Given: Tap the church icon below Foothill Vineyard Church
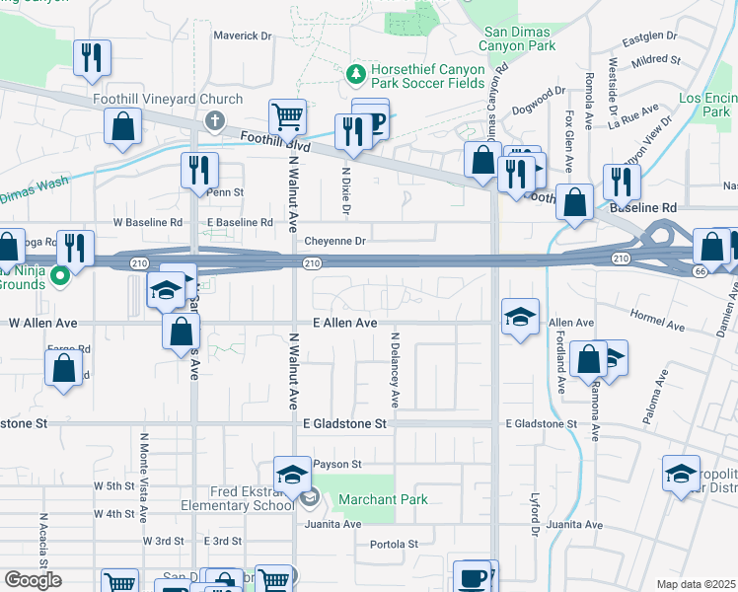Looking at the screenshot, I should tap(213, 119).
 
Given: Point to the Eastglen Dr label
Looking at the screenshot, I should tap(649, 40).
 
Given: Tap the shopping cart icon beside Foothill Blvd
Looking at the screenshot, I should tap(286, 116).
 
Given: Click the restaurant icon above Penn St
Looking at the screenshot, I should tap(198, 170).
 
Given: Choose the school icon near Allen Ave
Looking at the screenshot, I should tap(520, 317).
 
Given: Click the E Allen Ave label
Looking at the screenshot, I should tap(345, 323).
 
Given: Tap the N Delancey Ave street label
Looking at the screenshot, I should tap(394, 369).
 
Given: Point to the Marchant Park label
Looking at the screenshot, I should tap(383, 499).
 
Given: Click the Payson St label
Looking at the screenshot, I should tap(337, 464).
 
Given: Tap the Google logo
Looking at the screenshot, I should tap(33, 580).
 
